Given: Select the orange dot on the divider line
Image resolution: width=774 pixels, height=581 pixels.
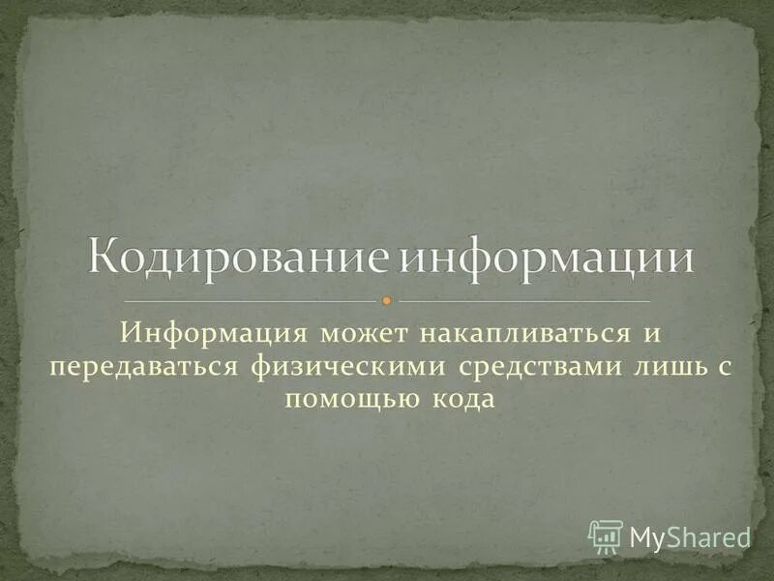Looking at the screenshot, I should pos(386,300).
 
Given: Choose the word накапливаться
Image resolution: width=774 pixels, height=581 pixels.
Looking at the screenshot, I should pos(513,334).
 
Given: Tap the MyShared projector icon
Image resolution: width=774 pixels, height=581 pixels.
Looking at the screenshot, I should pos(606,535).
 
